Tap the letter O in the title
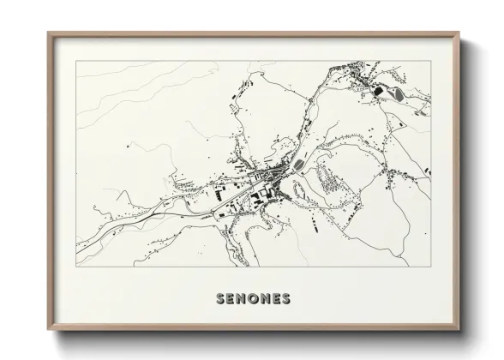(x=253, y=299)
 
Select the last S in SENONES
(x=285, y=299)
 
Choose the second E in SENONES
(x=275, y=299)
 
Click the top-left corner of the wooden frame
(x=48, y=33)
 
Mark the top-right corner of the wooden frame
(x=459, y=33)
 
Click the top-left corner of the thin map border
(x=76, y=61)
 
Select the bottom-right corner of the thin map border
(x=429, y=267)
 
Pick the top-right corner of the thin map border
(x=429, y=61)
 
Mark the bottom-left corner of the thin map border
(x=76, y=267)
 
